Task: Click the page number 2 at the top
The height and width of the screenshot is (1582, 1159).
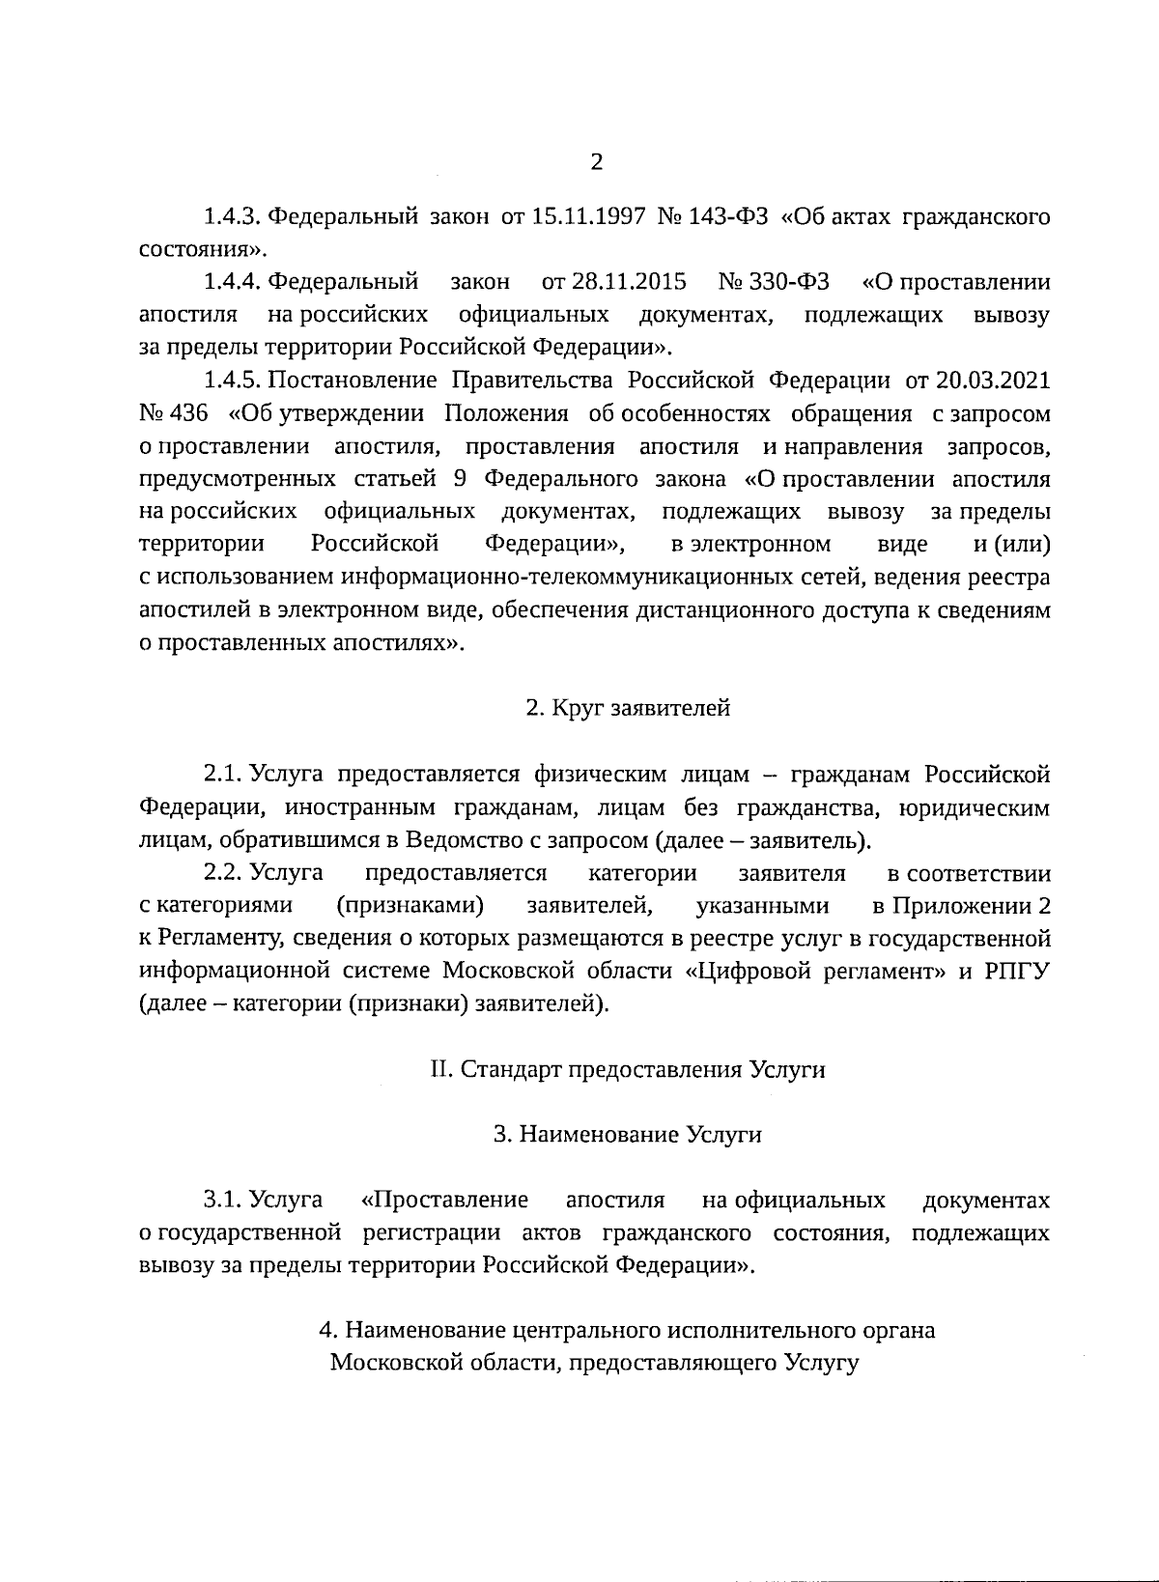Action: (x=596, y=162)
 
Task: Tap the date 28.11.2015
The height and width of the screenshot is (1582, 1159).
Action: (x=614, y=282)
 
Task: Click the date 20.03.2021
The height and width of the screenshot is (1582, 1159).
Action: (x=990, y=381)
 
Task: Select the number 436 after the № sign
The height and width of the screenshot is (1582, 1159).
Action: (x=189, y=413)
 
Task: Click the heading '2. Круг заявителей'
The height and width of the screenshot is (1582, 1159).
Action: (x=628, y=708)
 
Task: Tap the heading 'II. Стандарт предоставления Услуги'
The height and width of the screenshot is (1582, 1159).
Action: (x=628, y=1070)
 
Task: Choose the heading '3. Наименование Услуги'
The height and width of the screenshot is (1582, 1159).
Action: (x=628, y=1135)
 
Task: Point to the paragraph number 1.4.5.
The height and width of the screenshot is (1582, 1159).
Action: (x=232, y=381)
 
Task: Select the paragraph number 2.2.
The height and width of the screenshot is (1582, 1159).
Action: (x=222, y=873)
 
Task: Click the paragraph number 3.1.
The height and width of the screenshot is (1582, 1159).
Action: (x=222, y=1201)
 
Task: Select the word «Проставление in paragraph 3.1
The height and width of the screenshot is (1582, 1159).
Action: (x=444, y=1201)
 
